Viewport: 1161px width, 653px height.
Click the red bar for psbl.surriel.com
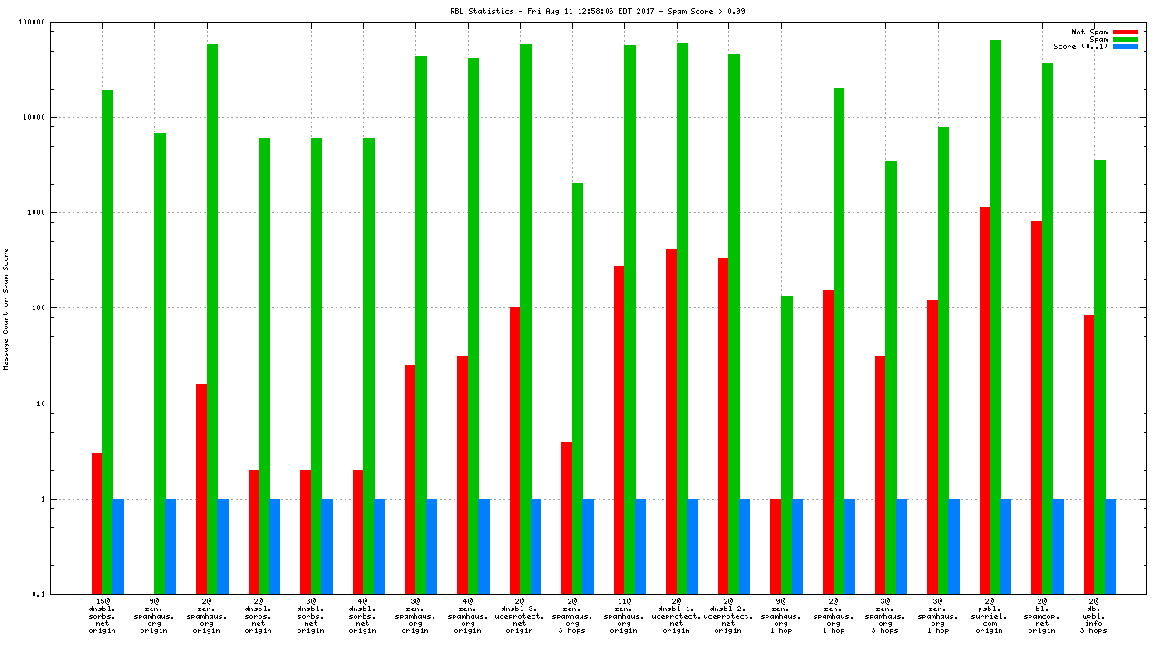point(984,400)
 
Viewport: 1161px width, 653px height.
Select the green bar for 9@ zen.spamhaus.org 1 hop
point(786,444)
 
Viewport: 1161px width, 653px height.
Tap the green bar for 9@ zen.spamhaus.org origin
point(160,364)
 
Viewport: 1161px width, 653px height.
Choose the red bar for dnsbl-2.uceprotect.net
point(723,426)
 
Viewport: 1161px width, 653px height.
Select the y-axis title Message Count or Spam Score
point(6,308)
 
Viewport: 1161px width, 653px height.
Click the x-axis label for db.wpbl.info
point(1094,616)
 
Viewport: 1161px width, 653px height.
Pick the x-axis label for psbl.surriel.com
point(989,616)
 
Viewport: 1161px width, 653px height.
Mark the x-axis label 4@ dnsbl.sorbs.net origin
point(362,616)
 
